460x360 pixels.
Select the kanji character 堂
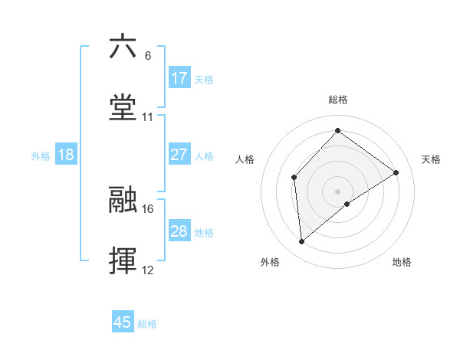click(123, 107)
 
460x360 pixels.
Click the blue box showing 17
click(179, 77)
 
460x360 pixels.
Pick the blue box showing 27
click(179, 155)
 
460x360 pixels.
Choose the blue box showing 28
click(179, 231)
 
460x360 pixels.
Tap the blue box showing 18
click(66, 155)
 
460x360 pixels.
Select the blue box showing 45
click(123, 322)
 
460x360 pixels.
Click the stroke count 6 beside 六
click(148, 55)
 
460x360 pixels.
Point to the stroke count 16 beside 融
click(148, 208)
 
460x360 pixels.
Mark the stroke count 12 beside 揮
click(148, 270)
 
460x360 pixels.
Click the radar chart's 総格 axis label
click(337, 100)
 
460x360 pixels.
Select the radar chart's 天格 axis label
click(431, 159)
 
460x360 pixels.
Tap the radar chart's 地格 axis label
click(402, 262)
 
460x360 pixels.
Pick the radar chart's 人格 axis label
click(245, 159)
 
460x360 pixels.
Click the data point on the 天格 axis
click(396, 172)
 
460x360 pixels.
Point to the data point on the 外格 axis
click(302, 242)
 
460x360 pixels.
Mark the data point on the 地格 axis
click(347, 204)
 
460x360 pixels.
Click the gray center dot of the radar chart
click(337, 191)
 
